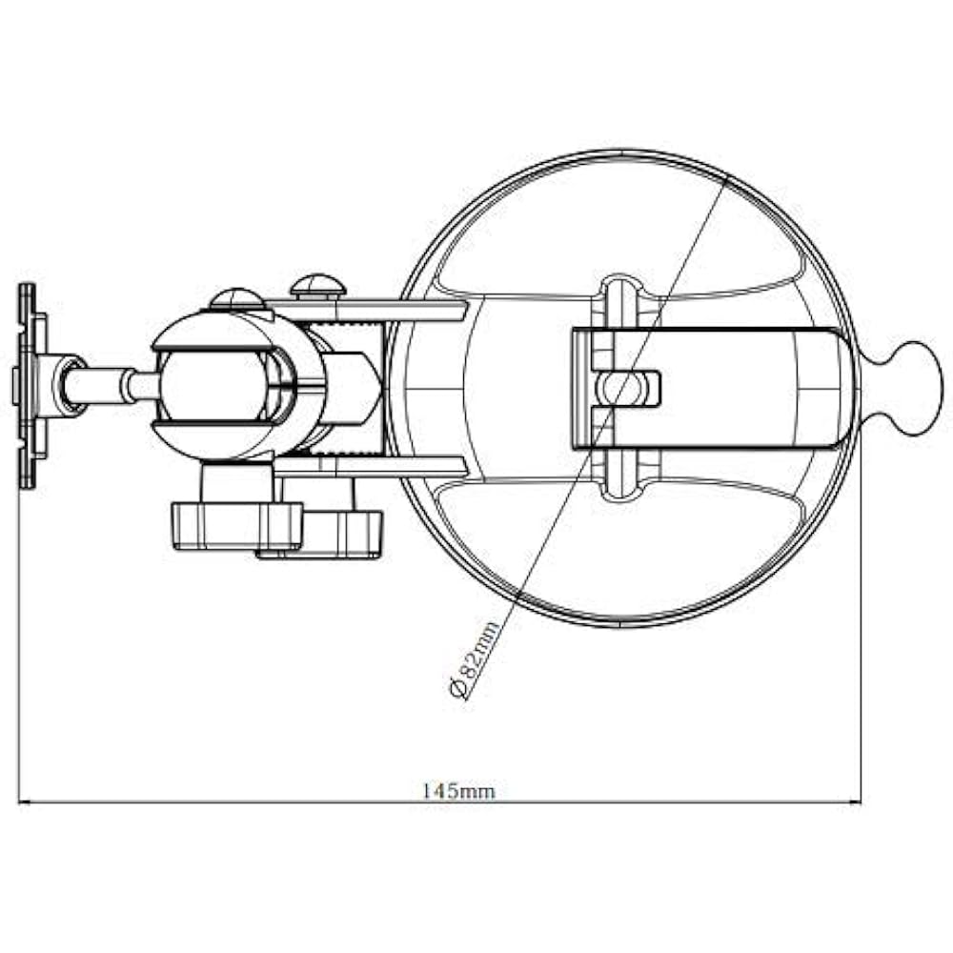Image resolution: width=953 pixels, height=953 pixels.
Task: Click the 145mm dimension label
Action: tap(459, 791)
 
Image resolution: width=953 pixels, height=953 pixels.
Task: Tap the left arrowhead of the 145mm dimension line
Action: tap(25, 802)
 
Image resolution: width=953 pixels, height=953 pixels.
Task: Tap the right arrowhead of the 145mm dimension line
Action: tap(855, 802)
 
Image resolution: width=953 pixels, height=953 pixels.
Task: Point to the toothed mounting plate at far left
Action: tap(29, 386)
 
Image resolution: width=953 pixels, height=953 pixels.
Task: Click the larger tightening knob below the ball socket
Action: tap(237, 526)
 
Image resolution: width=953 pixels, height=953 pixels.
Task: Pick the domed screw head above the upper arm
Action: tap(317, 286)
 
